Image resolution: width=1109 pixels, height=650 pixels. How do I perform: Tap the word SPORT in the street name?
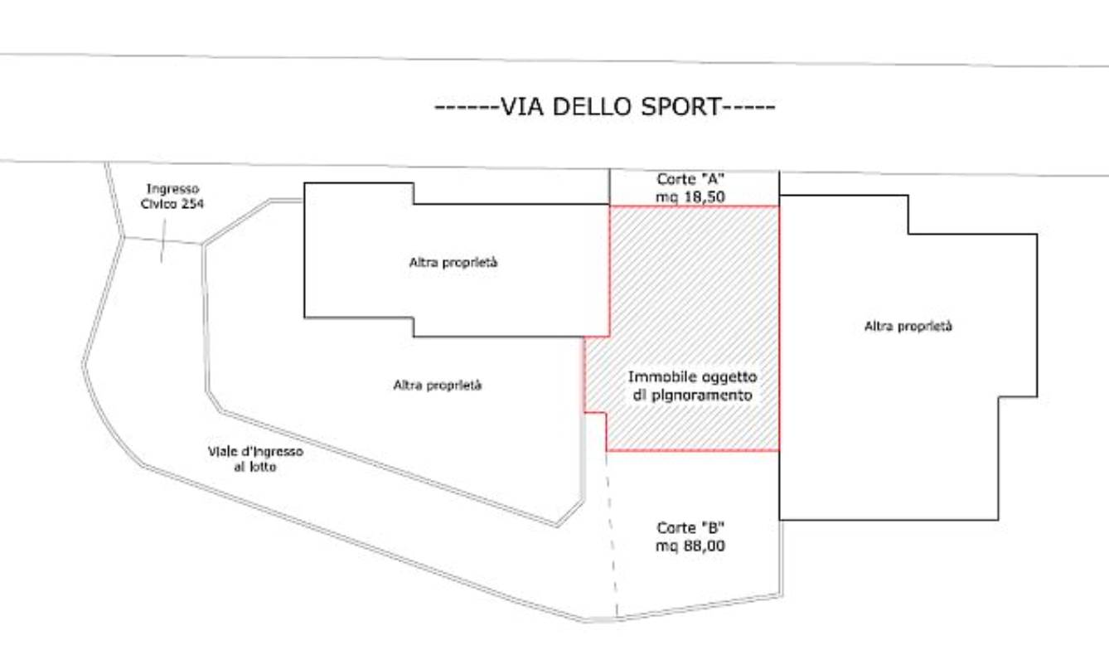tap(680, 106)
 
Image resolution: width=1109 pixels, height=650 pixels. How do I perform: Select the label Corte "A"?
tap(690, 179)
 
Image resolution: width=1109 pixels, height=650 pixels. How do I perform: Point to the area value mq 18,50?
tap(690, 197)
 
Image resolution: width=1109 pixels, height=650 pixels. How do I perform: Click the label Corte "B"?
tap(690, 528)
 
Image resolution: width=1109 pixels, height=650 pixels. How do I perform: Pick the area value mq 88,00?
tap(690, 546)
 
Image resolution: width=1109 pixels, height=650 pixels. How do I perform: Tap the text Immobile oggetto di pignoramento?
tap(693, 386)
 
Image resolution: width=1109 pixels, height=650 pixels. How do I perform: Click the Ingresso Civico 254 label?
tap(172, 196)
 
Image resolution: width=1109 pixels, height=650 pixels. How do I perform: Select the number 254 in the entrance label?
tap(191, 203)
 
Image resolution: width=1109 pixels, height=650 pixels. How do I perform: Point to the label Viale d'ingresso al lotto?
tap(255, 459)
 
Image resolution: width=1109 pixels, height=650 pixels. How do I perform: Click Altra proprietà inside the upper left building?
tap(453, 262)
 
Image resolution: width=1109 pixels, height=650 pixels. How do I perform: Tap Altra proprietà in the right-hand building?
tap(908, 326)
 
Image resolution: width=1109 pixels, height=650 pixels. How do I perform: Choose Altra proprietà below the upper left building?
tap(437, 386)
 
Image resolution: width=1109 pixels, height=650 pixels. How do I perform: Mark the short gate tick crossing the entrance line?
tap(163, 241)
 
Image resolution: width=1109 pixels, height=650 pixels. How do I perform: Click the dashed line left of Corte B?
tap(612, 535)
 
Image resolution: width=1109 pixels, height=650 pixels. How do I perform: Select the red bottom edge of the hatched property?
tap(693, 450)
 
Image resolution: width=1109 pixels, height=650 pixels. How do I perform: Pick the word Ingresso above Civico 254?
tap(172, 189)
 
